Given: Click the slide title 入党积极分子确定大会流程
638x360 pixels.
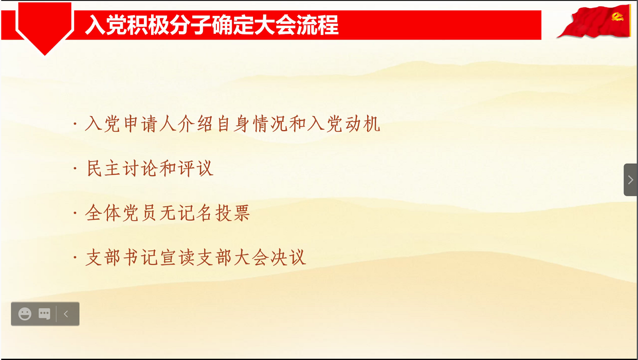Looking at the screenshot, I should pyautogui.click(x=212, y=25).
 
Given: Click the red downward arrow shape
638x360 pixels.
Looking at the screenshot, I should pyautogui.click(x=45, y=28).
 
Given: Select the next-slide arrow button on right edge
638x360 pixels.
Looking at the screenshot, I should pyautogui.click(x=630, y=180).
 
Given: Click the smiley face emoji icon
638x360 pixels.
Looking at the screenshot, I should pyautogui.click(x=25, y=314).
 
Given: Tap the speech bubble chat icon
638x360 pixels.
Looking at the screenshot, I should pyautogui.click(x=45, y=314).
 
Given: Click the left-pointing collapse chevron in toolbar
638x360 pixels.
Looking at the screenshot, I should pyautogui.click(x=66, y=314).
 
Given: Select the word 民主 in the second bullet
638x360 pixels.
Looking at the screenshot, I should pyautogui.click(x=103, y=169).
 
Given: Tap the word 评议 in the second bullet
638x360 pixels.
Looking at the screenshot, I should pyautogui.click(x=195, y=169).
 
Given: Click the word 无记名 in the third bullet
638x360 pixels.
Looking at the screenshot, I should pyautogui.click(x=186, y=213).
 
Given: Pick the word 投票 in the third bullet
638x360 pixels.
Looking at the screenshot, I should pyautogui.click(x=232, y=213).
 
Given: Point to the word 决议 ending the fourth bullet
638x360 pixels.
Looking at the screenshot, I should pyautogui.click(x=288, y=257).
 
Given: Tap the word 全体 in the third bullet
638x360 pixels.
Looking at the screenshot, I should pyautogui.click(x=103, y=213).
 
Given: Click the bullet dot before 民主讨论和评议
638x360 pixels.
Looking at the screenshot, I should pyautogui.click(x=75, y=169).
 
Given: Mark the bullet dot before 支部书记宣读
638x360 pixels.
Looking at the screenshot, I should pyautogui.click(x=75, y=257).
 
